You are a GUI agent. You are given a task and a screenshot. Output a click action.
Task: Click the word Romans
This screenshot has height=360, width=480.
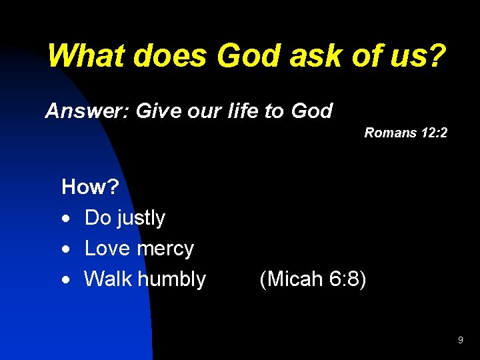[390, 133]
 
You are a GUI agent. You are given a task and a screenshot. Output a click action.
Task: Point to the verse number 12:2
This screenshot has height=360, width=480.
[434, 133]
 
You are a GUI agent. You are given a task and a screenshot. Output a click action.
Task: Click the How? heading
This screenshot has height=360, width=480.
[90, 187]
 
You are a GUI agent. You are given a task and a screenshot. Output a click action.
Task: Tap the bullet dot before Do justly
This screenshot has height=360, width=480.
[66, 219]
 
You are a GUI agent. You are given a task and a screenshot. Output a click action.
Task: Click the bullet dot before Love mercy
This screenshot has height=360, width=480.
[66, 249]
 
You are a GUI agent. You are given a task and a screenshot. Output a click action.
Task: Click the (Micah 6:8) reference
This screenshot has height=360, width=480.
[313, 279]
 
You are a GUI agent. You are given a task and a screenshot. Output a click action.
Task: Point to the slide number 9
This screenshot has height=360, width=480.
[460, 341]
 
